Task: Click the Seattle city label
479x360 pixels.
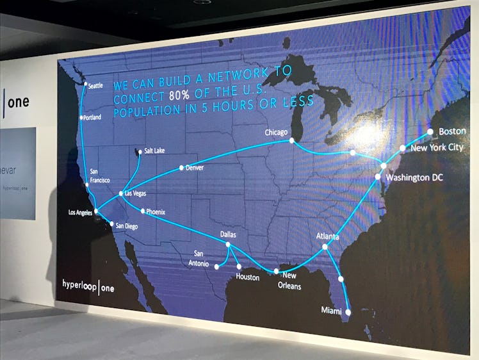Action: (x=95, y=86)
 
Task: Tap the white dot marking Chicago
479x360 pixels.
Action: (x=291, y=140)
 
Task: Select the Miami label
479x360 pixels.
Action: (x=331, y=311)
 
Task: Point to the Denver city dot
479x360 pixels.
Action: (x=181, y=168)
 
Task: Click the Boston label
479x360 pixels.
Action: (x=452, y=131)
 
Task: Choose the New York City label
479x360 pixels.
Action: (x=437, y=147)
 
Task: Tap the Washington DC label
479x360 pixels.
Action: (x=414, y=177)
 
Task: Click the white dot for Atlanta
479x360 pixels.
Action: (x=325, y=247)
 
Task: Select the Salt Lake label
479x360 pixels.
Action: (x=154, y=151)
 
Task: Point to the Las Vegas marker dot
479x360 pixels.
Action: (x=121, y=193)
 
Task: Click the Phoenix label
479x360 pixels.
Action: (x=155, y=211)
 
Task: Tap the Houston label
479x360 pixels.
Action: (x=247, y=277)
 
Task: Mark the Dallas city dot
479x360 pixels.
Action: (x=228, y=244)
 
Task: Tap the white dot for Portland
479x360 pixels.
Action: (x=81, y=118)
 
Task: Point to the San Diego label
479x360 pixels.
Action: (x=126, y=225)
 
